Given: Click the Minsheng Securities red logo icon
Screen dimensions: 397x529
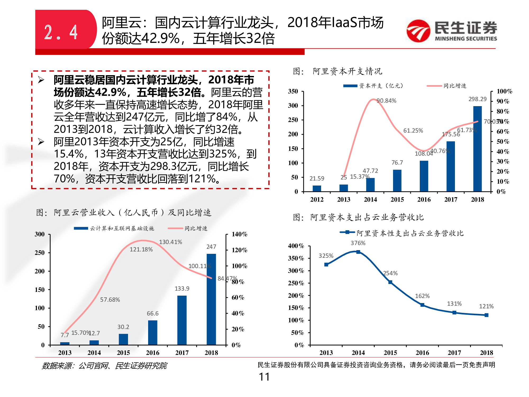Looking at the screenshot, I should (x=418, y=31).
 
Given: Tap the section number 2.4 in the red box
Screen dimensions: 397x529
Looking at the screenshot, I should (x=61, y=32).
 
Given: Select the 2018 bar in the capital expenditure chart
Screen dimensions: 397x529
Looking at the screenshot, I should (x=477, y=148).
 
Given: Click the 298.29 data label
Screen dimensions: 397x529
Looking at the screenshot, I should (x=477, y=99).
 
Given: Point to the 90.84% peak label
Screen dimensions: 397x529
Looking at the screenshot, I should (x=386, y=101).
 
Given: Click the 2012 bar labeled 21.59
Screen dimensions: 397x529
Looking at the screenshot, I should (x=317, y=188).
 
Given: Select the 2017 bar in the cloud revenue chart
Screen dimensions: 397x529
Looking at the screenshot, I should (x=182, y=320).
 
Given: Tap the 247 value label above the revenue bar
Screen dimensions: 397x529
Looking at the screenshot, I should (x=211, y=247).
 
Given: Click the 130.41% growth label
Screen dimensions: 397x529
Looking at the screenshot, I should (x=171, y=242).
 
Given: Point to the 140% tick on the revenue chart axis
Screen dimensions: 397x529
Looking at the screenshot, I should (x=239, y=234).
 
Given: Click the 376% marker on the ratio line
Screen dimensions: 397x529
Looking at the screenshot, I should (x=358, y=252).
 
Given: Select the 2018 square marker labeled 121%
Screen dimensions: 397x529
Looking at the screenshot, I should (x=486, y=315).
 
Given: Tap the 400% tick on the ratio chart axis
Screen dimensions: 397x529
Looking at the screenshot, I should (x=296, y=246).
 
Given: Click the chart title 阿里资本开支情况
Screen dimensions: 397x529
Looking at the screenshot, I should (x=347, y=71).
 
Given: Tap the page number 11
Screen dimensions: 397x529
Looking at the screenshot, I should (x=264, y=377).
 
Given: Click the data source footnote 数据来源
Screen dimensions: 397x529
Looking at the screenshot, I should (x=104, y=366).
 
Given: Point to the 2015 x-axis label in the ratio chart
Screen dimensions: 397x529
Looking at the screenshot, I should (x=390, y=353).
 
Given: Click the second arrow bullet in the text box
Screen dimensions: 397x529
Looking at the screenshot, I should (x=41, y=142).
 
